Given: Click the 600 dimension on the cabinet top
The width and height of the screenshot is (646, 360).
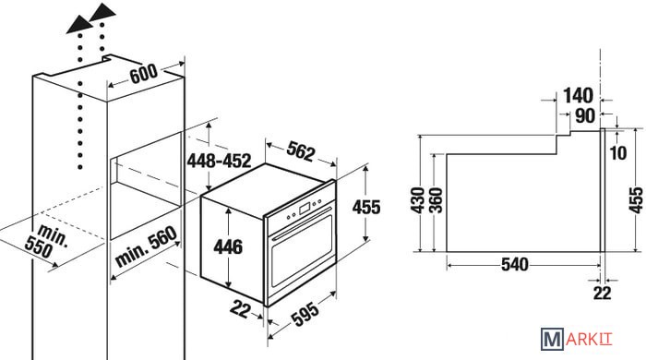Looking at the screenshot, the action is point(143,74).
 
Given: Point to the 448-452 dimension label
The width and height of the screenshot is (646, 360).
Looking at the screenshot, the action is point(220,161).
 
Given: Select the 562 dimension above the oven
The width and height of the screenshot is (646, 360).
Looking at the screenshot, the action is point(301,150).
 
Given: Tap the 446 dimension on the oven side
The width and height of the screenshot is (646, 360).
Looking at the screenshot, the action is point(228,246).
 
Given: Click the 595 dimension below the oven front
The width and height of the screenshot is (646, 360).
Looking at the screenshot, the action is point(305,314).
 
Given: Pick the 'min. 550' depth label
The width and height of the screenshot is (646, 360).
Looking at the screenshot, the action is point(46,241).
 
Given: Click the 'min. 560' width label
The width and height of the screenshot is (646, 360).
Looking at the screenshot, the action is point(146,246).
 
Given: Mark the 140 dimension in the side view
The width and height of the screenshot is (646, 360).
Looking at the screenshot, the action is point(578,96).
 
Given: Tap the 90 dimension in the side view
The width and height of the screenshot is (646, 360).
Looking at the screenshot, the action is point(585,115).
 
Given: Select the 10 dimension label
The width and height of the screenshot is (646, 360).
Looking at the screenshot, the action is point(618,153).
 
